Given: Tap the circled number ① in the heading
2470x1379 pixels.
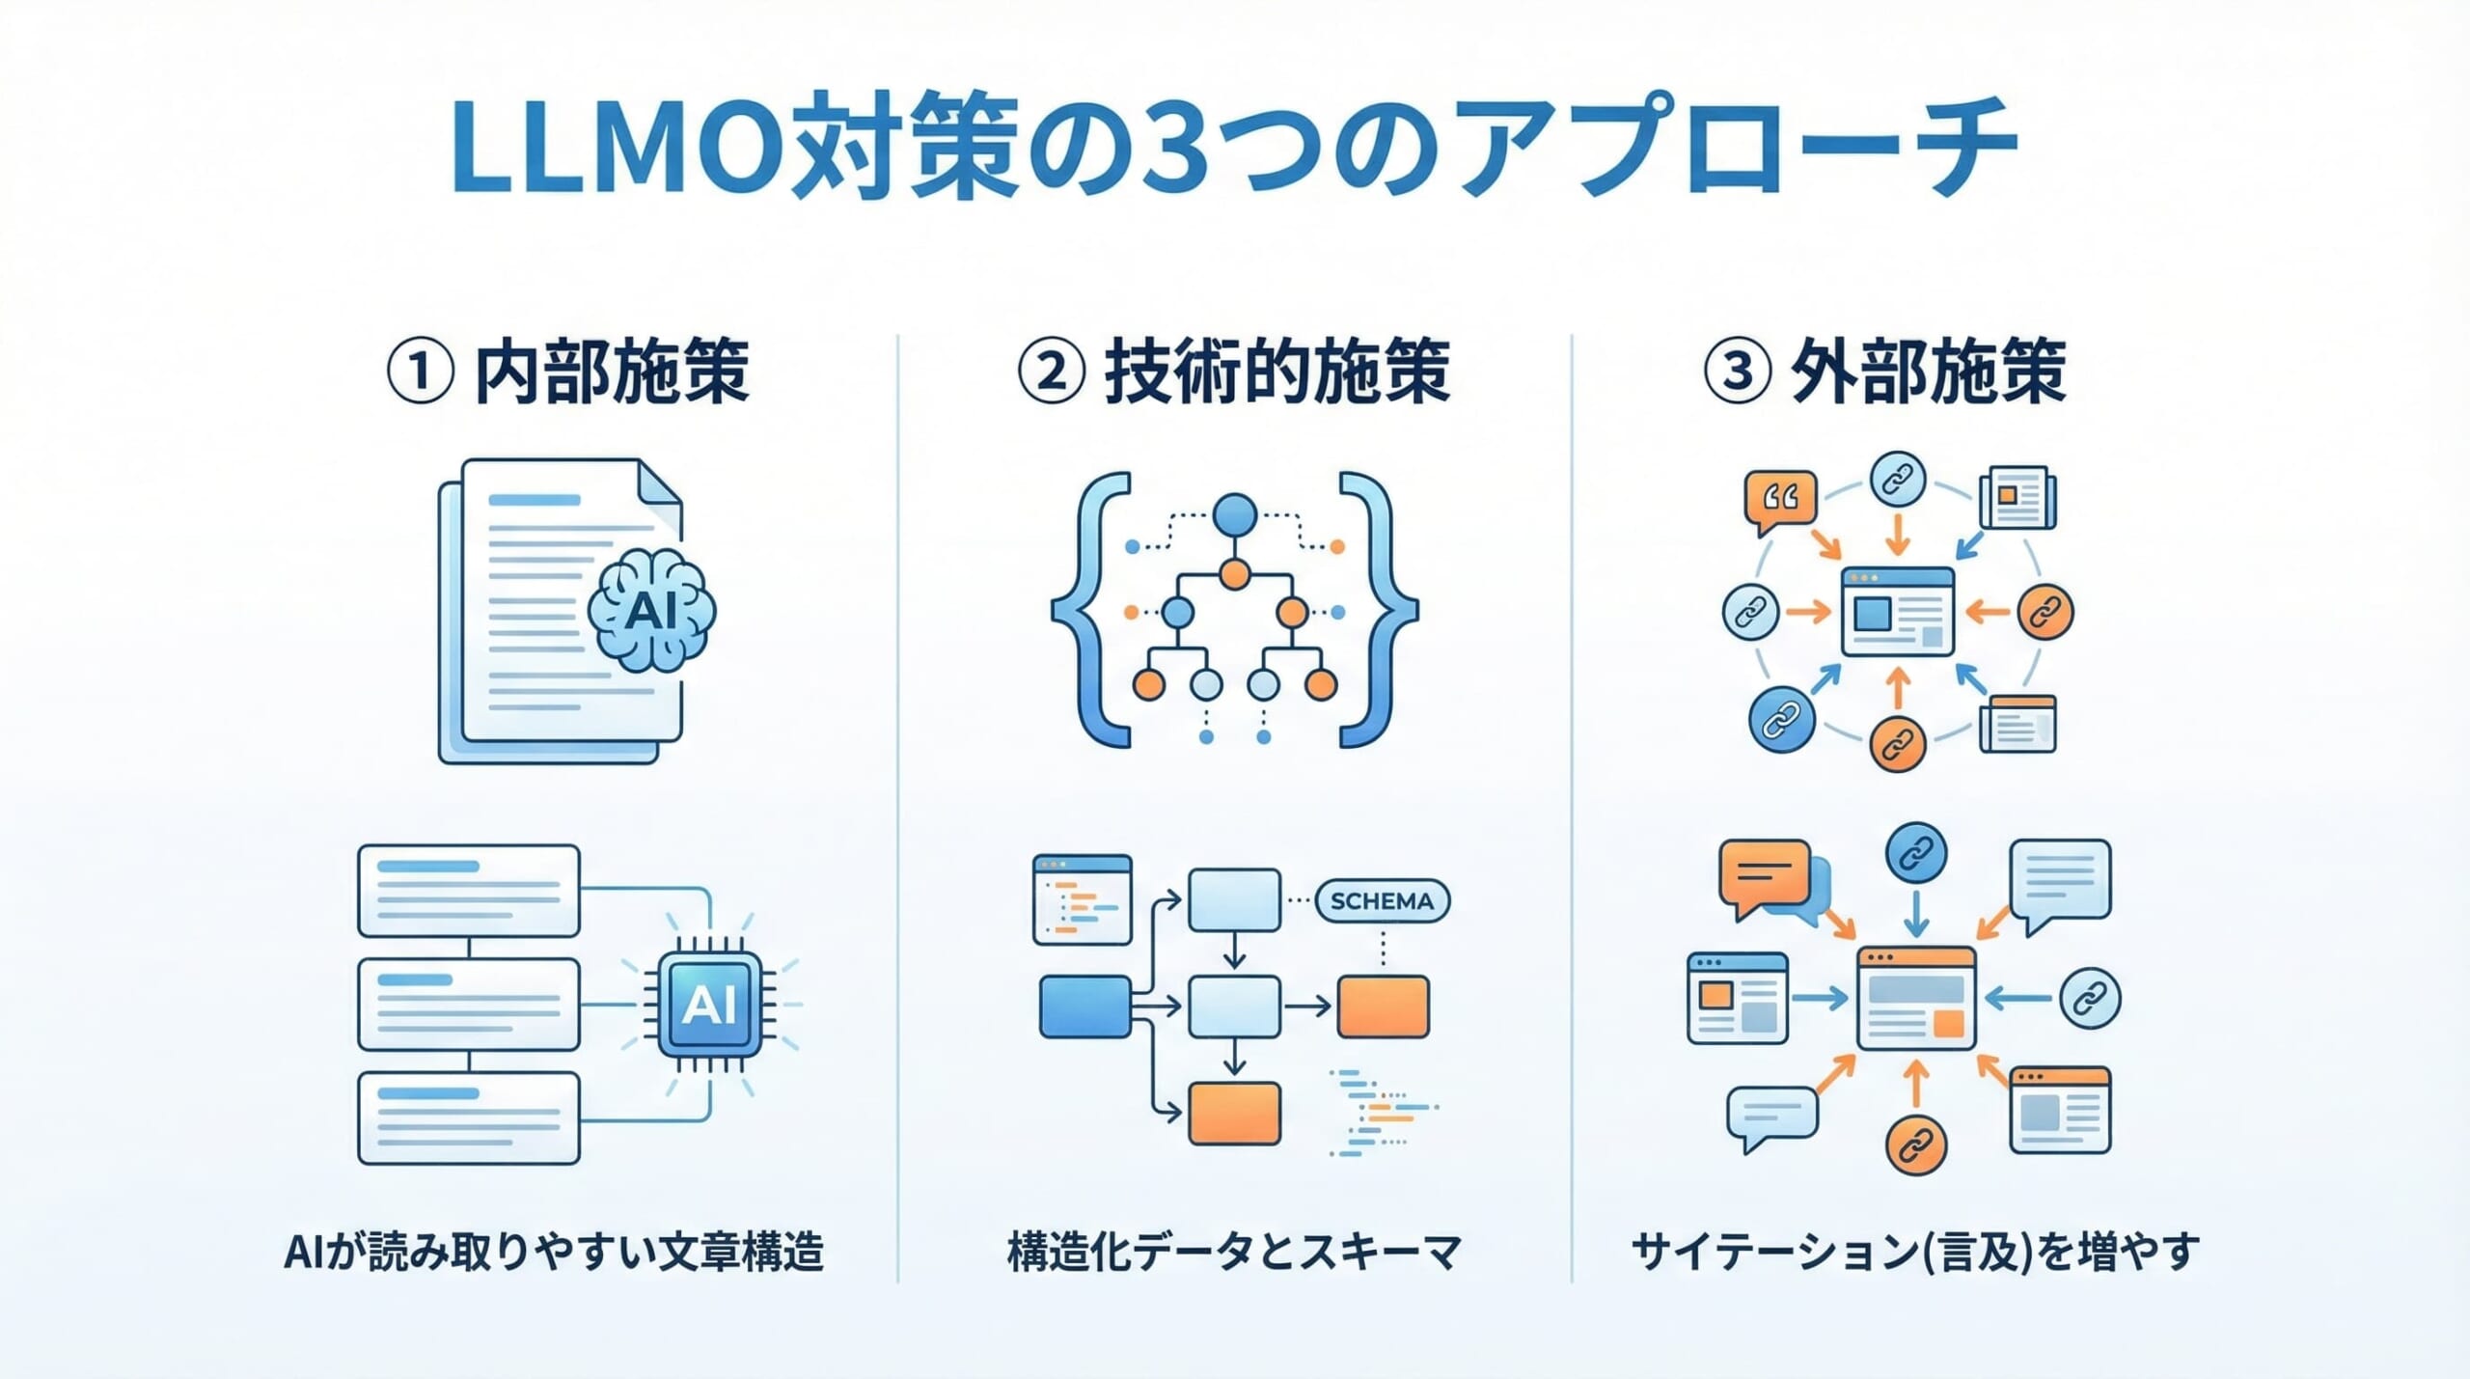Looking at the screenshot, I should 420,372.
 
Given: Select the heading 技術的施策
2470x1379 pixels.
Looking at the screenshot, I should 1276,372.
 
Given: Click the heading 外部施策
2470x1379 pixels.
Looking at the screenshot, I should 1927,372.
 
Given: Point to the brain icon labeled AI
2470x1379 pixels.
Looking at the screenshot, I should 652,610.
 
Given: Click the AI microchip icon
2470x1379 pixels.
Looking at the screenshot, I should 709,1005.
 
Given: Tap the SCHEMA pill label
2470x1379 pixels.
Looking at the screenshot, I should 1382,901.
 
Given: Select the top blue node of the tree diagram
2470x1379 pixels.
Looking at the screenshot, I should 1235,514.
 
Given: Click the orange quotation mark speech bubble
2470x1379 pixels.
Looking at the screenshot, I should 1780,499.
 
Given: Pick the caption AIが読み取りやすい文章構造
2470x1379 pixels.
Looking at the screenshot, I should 554,1253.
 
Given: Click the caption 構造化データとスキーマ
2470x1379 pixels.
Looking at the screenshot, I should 1234,1253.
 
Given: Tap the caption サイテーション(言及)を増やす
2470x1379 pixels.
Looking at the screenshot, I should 1915,1253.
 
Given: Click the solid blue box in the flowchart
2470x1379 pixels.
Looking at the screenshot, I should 1084,1007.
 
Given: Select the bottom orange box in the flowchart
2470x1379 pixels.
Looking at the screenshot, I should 1234,1113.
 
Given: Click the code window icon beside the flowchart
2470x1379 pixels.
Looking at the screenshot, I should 1082,898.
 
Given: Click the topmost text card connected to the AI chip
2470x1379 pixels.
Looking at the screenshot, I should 469,891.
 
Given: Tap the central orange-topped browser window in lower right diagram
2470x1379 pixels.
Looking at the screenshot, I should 1916,998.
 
